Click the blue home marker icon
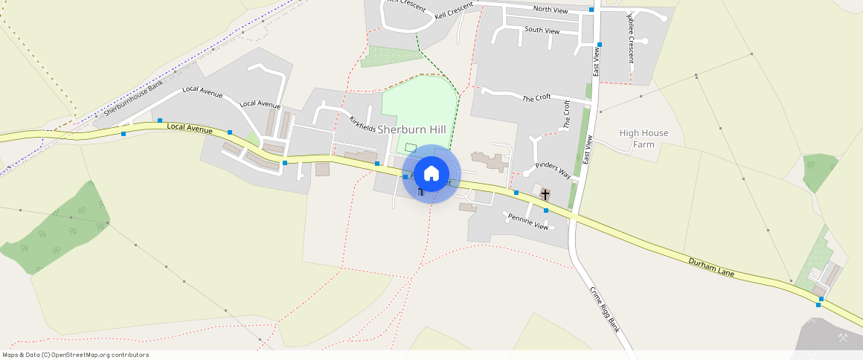click(431, 174)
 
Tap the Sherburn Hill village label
click(411, 129)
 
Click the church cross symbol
click(545, 195)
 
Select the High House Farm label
click(644, 138)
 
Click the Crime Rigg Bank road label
click(605, 309)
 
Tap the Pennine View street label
click(527, 221)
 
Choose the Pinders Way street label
click(553, 169)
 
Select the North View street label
click(551, 10)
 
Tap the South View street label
click(542, 30)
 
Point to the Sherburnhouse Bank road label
click(133, 99)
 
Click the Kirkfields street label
click(363, 124)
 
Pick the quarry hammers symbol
click(843, 338)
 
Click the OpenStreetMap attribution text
click(75, 355)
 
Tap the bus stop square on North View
click(591, 10)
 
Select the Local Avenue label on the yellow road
click(190, 129)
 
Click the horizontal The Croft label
click(536, 97)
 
